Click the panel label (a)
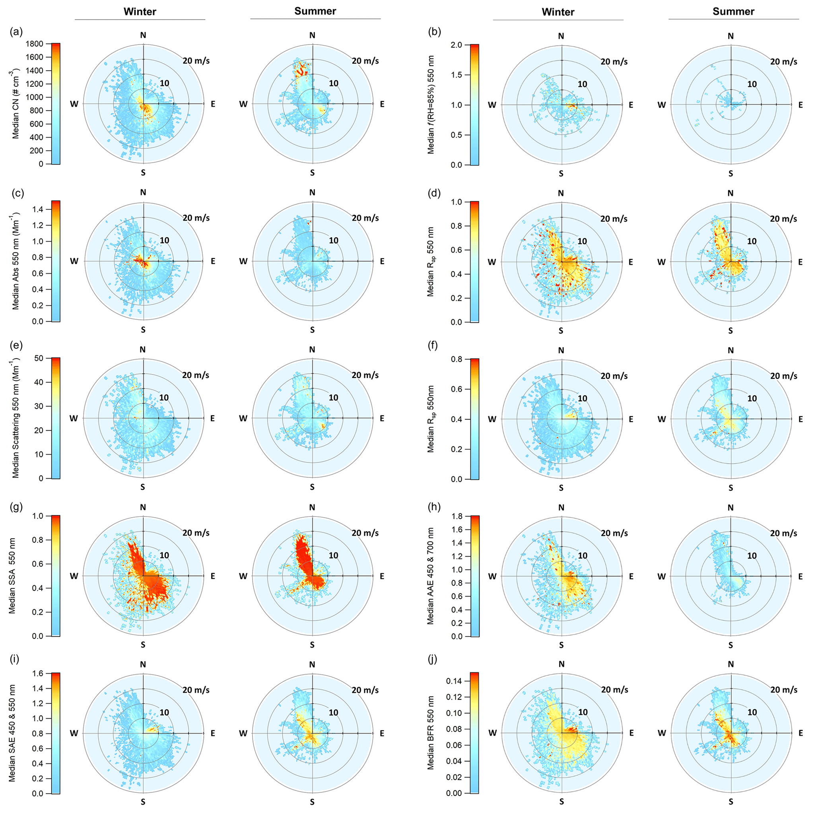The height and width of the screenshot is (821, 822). pos(16,32)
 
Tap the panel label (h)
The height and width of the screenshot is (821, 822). pos(434,507)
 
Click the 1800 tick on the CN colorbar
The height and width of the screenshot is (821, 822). pos(34,43)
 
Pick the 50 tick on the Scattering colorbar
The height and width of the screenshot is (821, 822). pos(39,358)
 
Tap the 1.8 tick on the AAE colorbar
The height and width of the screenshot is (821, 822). pos(457,516)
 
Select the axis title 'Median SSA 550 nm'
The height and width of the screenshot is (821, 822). pos(12,576)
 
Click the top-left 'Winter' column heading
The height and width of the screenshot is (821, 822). pos(140,12)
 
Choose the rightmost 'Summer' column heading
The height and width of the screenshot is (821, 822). pos(733,12)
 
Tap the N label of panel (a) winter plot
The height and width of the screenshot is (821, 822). pos(143,35)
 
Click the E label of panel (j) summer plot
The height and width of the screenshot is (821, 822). pos(800,733)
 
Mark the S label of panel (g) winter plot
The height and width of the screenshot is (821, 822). pos(143,644)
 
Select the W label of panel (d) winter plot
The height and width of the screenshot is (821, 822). pos(492,262)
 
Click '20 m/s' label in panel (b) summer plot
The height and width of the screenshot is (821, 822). pos(783,62)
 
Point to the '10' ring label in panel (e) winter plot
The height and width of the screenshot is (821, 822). pos(164,398)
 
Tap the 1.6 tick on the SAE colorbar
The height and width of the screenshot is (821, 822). pos(37,673)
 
